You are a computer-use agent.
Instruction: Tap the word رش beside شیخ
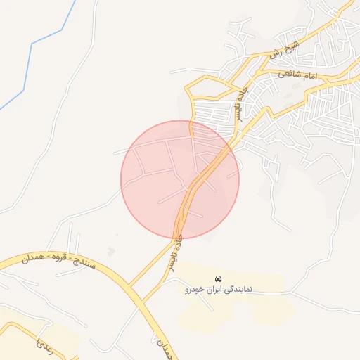tap(275, 53)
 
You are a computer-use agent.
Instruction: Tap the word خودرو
tap(198, 289)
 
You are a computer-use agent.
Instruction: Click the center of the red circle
tap(180, 179)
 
